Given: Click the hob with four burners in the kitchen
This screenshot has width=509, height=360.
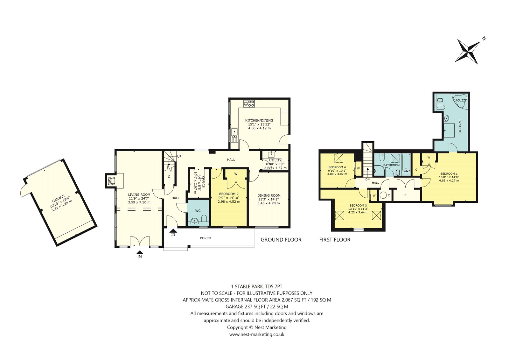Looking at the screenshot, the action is (x=249, y=104).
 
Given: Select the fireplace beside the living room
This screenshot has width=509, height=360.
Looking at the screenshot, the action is (x=112, y=181).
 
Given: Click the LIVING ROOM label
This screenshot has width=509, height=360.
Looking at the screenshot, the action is (x=139, y=194).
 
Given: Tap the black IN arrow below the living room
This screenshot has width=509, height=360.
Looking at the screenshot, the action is (x=140, y=252).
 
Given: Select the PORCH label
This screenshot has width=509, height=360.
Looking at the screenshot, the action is (x=206, y=238).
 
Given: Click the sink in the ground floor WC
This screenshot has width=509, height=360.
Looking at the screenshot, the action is (x=195, y=221).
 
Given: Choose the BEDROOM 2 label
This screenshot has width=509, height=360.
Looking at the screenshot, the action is (x=229, y=194).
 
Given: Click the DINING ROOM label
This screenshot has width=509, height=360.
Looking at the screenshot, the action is (x=269, y=195).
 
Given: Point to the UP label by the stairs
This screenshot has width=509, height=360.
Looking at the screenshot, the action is (x=179, y=157).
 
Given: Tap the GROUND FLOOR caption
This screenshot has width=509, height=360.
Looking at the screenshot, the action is (x=281, y=239).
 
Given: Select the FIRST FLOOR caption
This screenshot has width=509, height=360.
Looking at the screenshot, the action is (x=335, y=239).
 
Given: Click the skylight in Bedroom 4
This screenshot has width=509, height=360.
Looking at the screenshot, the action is (x=338, y=158).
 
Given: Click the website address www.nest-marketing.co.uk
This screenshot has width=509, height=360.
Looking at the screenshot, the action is (x=257, y=334).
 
